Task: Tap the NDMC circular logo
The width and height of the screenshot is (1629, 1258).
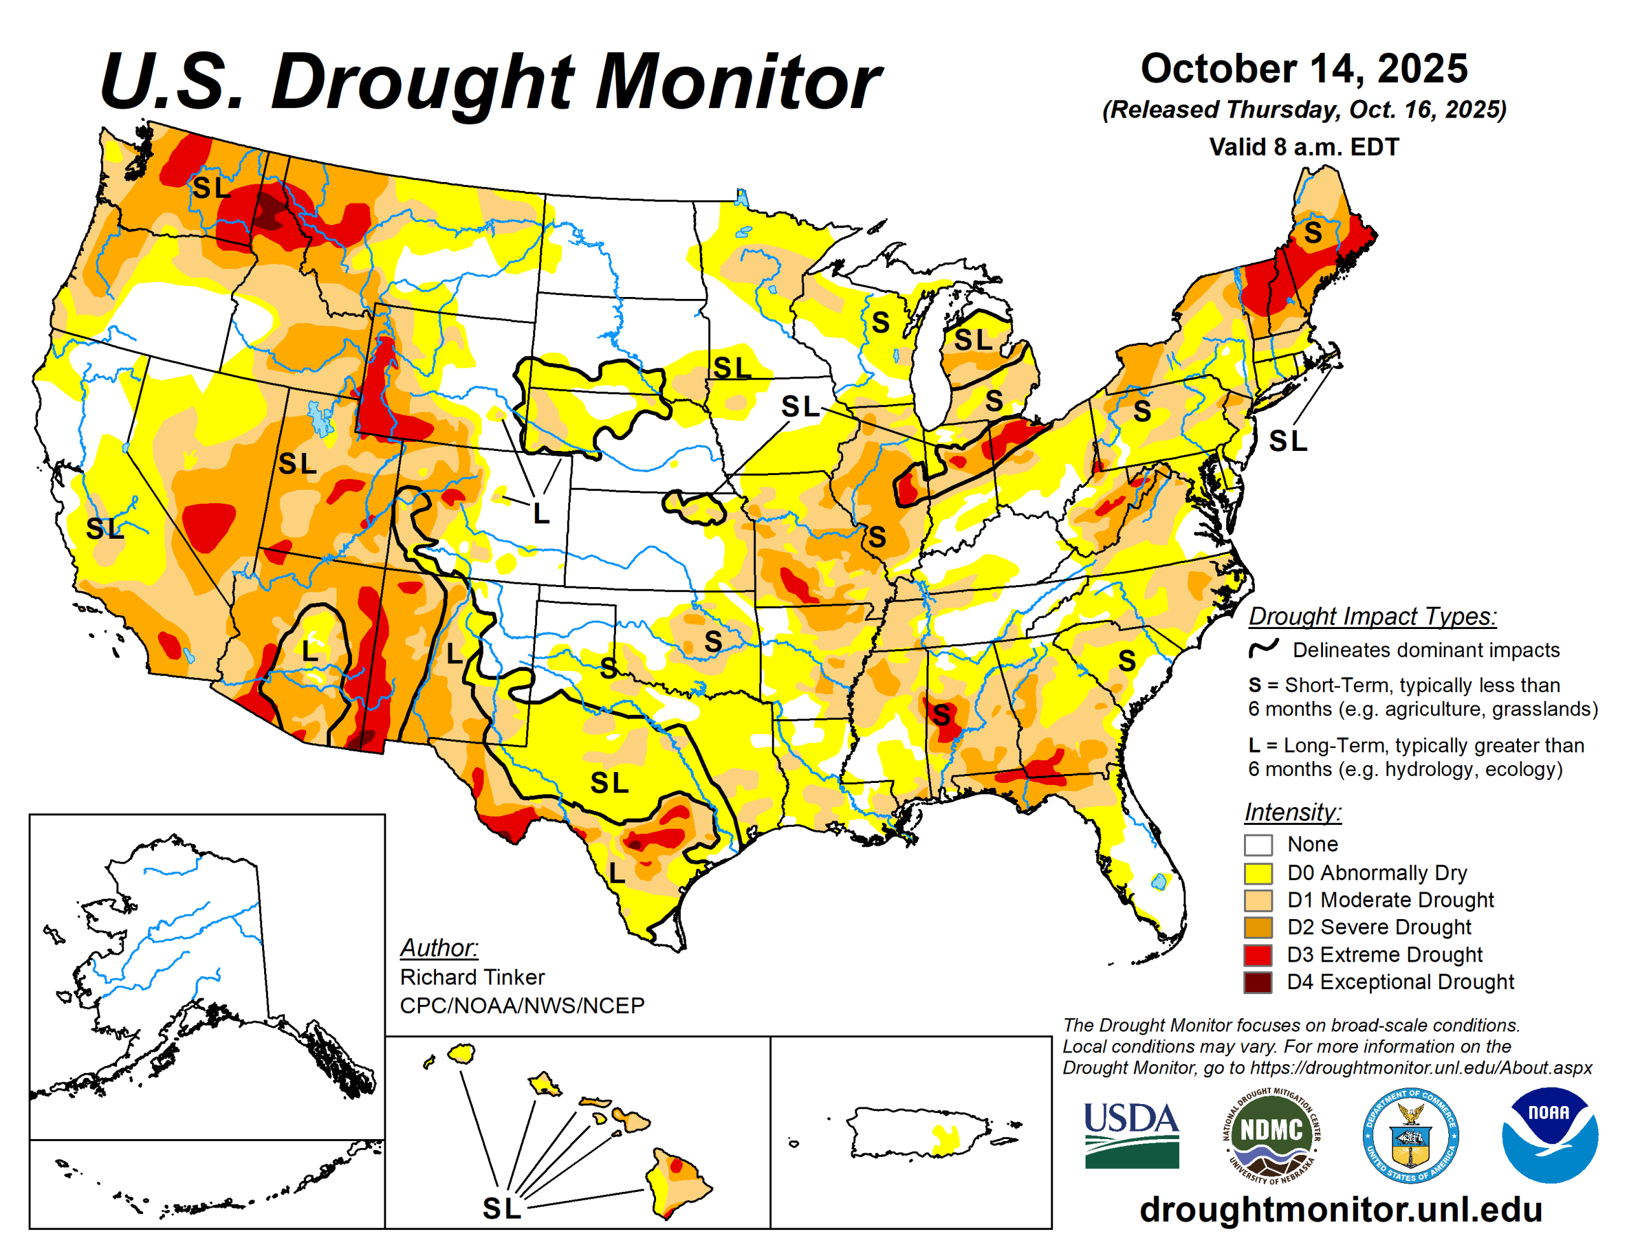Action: click(1270, 1135)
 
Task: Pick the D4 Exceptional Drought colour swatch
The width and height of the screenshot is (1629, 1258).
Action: click(1257, 982)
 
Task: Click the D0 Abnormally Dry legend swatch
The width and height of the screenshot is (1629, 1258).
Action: click(1257, 873)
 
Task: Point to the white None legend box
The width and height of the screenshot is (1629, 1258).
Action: click(1257, 845)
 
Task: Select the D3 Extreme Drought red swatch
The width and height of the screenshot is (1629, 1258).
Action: click(1257, 955)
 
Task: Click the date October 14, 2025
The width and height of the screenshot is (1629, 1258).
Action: click(1304, 69)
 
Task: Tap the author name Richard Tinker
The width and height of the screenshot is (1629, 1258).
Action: click(472, 977)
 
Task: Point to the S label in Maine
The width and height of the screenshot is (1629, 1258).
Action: click(1313, 233)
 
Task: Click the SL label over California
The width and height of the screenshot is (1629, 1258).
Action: click(104, 529)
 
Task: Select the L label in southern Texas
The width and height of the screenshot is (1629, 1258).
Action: click(616, 873)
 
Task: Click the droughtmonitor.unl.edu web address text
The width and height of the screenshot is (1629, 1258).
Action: click(1340, 1209)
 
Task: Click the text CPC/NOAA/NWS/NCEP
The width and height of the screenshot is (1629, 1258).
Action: click(522, 1006)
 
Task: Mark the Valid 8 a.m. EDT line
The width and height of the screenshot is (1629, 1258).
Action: click(1304, 147)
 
